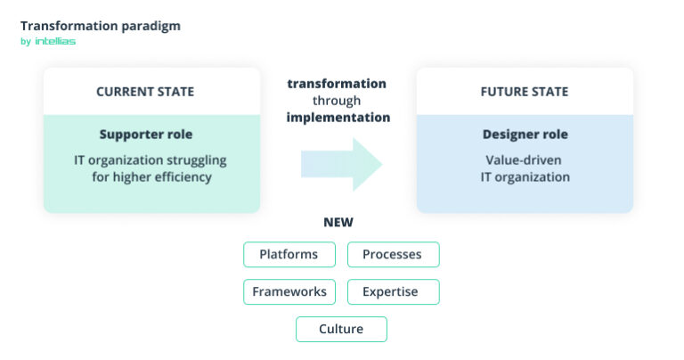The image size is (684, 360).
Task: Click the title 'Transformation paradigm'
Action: coord(100,25)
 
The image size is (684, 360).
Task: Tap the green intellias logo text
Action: coord(55,41)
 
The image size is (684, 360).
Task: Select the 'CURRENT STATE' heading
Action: coord(145,92)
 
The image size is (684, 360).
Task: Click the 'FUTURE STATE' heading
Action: coord(524,92)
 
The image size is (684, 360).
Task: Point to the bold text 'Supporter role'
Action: coord(146,135)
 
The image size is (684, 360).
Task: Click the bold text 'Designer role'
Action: coord(525,135)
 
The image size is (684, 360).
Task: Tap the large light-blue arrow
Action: coord(341,163)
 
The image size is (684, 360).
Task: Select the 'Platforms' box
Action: coord(289,255)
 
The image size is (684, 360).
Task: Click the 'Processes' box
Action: coord(392,255)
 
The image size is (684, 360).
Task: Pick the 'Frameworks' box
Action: coord(289,291)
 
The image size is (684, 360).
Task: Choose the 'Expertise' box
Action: coord(392,291)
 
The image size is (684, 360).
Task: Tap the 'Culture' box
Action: coord(341,329)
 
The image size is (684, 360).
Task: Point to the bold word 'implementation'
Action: coord(338,117)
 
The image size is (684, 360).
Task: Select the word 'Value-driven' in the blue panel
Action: coord(525,160)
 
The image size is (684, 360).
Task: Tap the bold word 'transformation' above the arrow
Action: coord(337,83)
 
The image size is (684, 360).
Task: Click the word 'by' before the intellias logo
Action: coord(25,41)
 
